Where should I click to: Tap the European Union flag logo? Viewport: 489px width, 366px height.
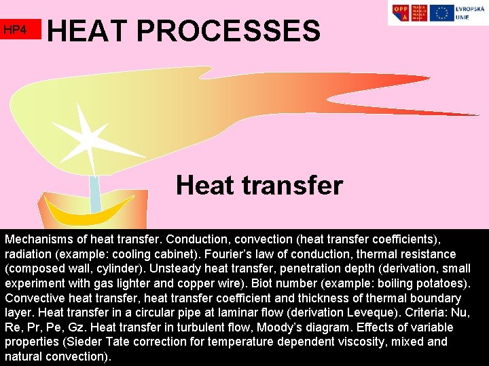(x=442, y=13)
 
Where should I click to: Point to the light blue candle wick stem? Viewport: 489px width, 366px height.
(x=95, y=194)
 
